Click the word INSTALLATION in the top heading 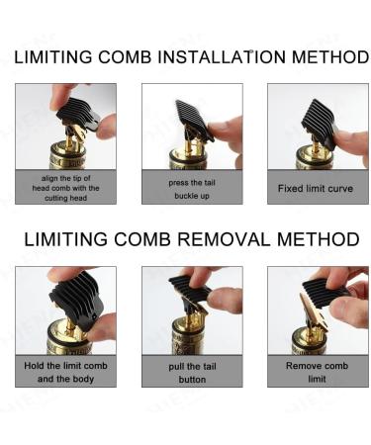(222, 57)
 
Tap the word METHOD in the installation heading (330, 57)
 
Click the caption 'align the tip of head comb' (65, 188)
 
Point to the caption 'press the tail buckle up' (192, 189)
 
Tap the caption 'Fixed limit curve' (316, 189)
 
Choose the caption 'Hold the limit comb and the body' (65, 373)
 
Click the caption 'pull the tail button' (192, 373)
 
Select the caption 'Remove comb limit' (317, 372)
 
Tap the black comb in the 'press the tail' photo (195, 119)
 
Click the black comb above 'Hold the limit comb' (77, 299)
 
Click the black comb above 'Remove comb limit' (325, 292)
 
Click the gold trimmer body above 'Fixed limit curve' (315, 158)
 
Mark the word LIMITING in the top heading (53, 57)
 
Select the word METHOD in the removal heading (319, 239)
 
